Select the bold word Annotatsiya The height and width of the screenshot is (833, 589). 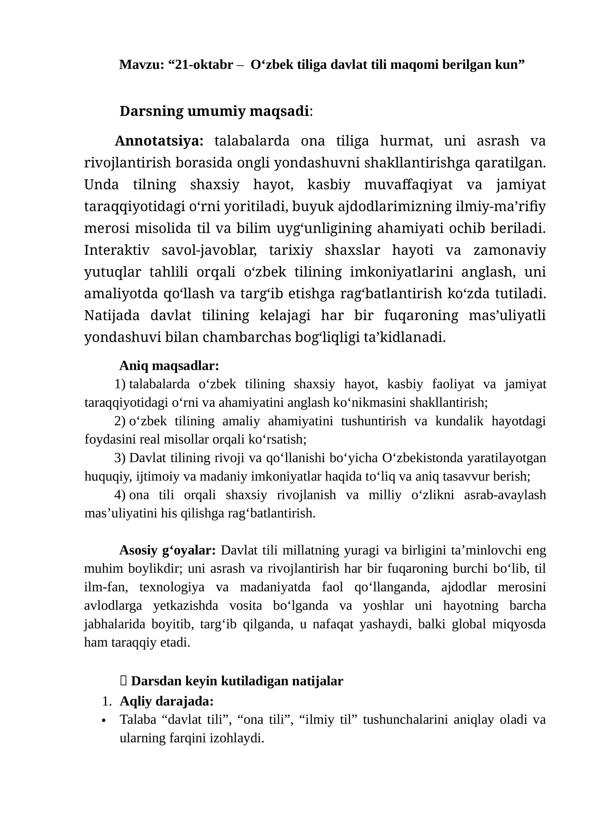(x=159, y=141)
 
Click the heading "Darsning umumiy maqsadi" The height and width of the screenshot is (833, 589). (x=214, y=111)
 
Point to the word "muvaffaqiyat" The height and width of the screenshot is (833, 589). (x=408, y=184)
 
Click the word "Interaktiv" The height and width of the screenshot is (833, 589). (x=117, y=250)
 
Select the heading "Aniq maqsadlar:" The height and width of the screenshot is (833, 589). (x=169, y=366)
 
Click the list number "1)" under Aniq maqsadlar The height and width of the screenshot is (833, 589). (x=120, y=384)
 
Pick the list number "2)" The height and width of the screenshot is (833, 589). (x=120, y=421)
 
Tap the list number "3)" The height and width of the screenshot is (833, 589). (x=120, y=458)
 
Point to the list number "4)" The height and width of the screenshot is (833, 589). (x=120, y=495)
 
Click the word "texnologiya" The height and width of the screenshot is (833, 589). (x=172, y=587)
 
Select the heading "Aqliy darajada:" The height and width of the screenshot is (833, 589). (x=167, y=701)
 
